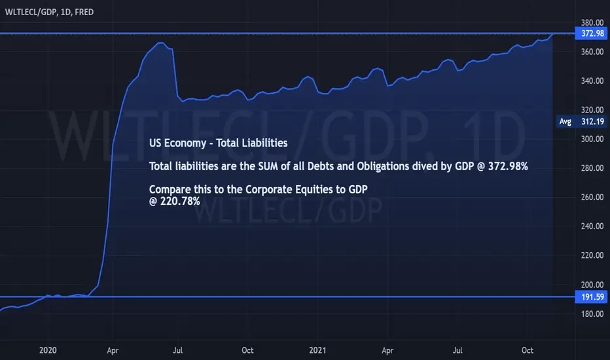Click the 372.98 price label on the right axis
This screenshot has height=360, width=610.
592,33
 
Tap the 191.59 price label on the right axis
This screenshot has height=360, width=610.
592,297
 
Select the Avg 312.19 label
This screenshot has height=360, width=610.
582,122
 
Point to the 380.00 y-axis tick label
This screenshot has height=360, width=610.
592,22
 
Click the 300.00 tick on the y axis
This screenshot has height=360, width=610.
592,139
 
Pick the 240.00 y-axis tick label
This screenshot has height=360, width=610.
592,226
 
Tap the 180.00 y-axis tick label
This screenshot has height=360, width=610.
592,314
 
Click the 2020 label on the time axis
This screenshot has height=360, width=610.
48,350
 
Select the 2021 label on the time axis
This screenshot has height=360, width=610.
317,350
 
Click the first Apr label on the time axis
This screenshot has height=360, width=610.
113,351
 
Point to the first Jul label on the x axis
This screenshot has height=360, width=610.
177,350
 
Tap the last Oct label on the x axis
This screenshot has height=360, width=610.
527,350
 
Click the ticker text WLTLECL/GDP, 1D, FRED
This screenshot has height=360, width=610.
49,12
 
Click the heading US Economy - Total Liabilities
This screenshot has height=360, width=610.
218,143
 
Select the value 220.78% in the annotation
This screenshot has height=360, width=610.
180,201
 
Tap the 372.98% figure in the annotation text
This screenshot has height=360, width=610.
508,166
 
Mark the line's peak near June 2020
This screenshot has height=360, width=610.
161,43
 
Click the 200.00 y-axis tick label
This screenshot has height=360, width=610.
592,285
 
